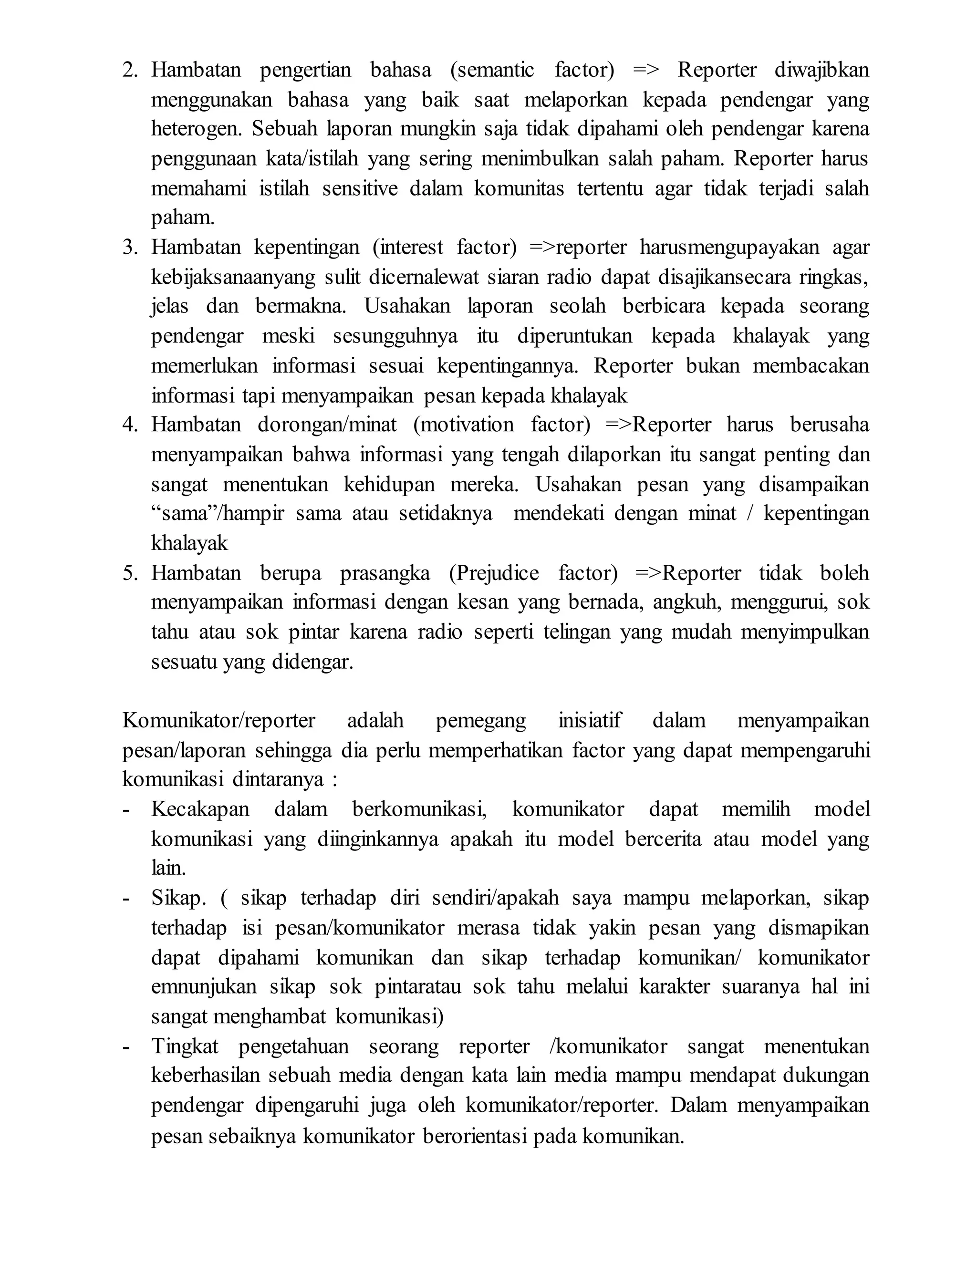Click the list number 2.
click(x=130, y=71)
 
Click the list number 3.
click(x=130, y=248)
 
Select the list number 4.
click(x=130, y=425)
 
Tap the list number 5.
click(x=130, y=573)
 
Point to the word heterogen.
click(x=196, y=130)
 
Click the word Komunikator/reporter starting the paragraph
click(x=219, y=721)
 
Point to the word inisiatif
click(x=589, y=721)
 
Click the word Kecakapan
click(x=200, y=809)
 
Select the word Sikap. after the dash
click(x=178, y=898)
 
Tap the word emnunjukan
click(x=204, y=987)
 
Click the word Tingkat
click(x=185, y=1046)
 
